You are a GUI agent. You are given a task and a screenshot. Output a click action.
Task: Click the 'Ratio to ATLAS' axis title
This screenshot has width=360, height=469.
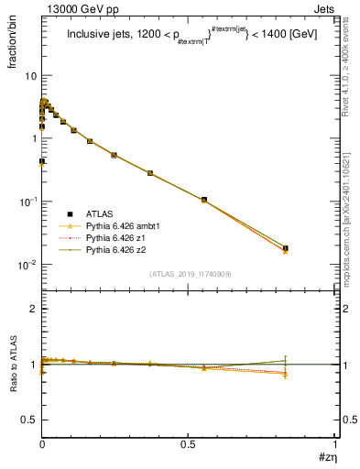(x=16, y=365)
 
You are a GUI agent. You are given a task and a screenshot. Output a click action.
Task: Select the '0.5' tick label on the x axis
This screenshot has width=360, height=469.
(x=188, y=443)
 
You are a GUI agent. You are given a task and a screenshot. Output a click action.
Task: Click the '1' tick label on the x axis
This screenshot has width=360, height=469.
(x=333, y=443)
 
